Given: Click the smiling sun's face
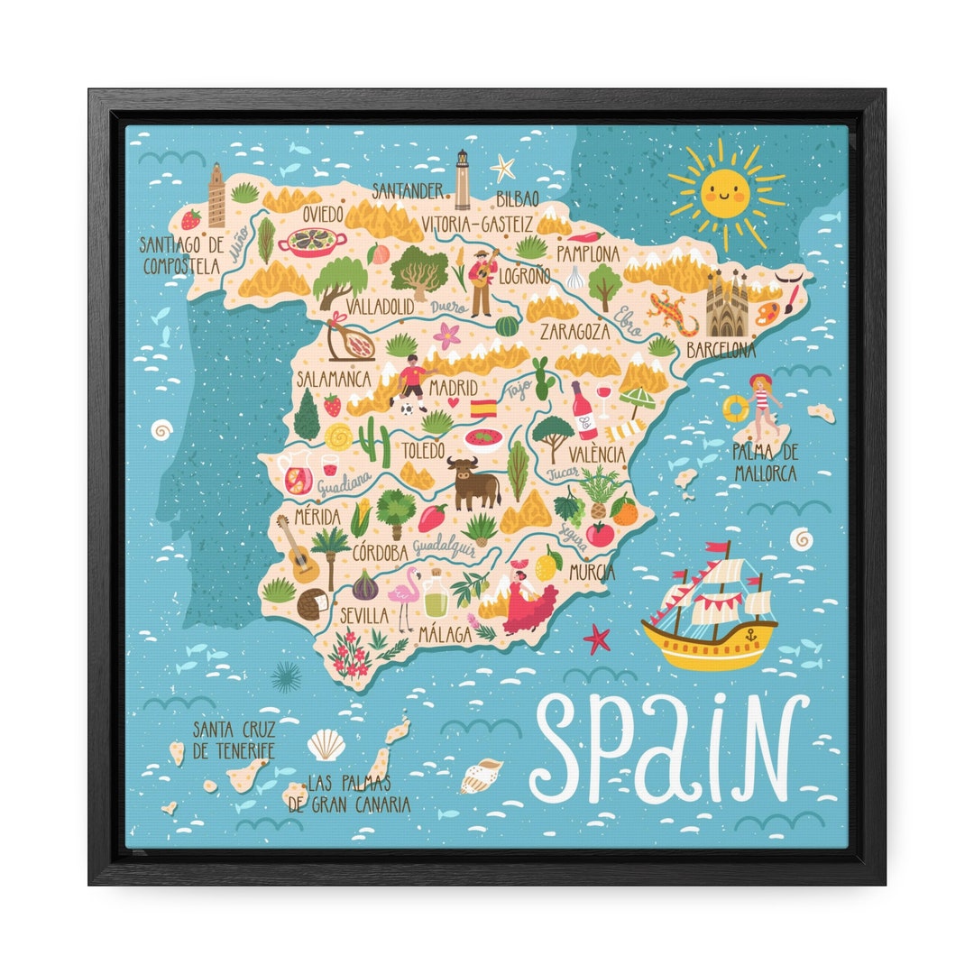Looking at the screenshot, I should tap(727, 190).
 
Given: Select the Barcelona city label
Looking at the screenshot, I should tap(721, 349).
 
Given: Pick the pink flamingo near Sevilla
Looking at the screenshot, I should tap(403, 596).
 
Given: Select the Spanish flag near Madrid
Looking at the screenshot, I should tap(484, 408).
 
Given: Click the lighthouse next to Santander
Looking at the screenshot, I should tap(463, 179).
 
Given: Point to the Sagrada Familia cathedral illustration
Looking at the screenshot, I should tap(727, 304).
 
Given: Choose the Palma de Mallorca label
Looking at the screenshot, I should tap(764, 461).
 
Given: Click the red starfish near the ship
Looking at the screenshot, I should tap(596, 639).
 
